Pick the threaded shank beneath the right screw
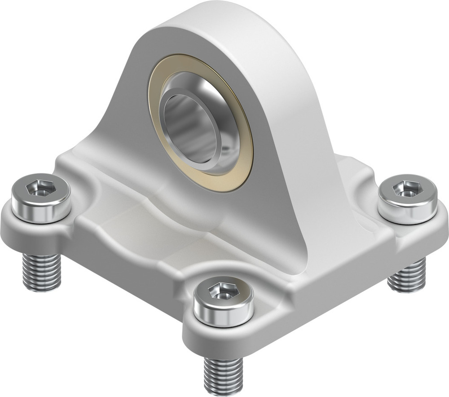click(x=407, y=275)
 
